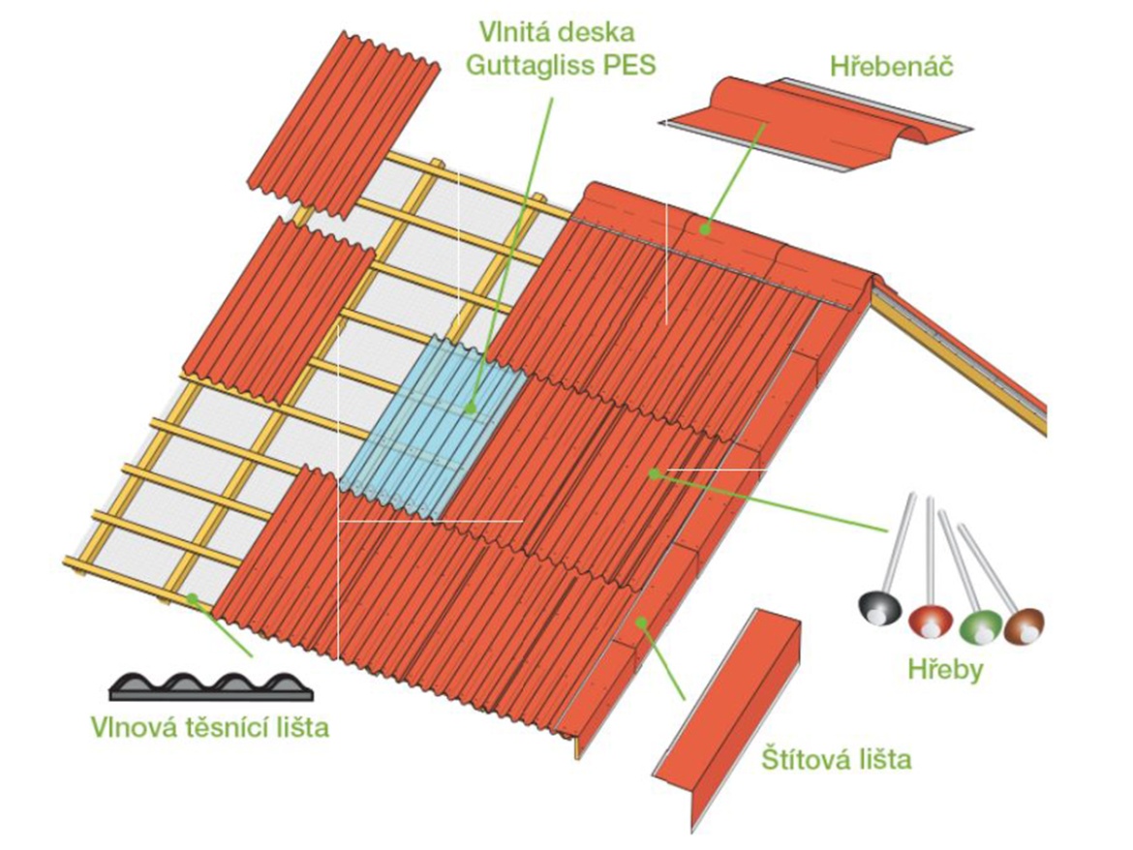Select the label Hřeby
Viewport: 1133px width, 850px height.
click(944, 670)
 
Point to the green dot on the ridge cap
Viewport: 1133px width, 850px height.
click(706, 230)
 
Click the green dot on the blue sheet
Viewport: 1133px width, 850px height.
click(472, 408)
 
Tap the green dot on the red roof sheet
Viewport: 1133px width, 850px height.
click(656, 473)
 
